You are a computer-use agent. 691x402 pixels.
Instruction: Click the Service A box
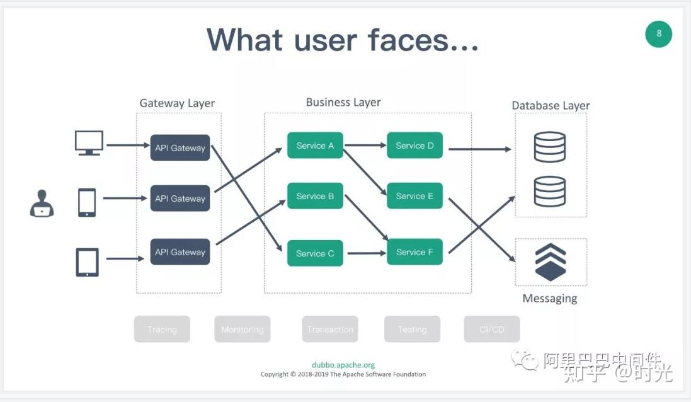(315, 146)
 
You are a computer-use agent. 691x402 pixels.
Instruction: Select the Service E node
(414, 196)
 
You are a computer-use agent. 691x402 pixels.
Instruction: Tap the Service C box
(315, 253)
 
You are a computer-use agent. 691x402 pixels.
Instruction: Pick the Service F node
(414, 252)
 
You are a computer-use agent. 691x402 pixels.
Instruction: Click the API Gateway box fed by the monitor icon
(180, 148)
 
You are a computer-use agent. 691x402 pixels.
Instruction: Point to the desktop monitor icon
(89, 143)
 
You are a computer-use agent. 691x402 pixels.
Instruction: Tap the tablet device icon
(87, 262)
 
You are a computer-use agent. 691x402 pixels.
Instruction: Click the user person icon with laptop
(42, 204)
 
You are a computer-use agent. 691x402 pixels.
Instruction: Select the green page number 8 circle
(659, 33)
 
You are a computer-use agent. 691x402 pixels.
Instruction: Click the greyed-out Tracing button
(162, 330)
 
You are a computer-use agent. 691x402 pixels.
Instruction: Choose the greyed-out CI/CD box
(492, 330)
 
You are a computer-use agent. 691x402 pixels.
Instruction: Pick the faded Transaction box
(330, 330)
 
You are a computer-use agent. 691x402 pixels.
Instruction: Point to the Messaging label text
(550, 299)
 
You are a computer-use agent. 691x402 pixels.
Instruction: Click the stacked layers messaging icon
(550, 262)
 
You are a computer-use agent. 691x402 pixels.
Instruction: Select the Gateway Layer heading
(177, 103)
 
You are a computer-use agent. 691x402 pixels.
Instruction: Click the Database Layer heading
(551, 105)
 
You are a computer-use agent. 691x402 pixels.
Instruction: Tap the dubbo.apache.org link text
(343, 365)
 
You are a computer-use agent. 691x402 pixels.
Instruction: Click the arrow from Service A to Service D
(365, 146)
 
